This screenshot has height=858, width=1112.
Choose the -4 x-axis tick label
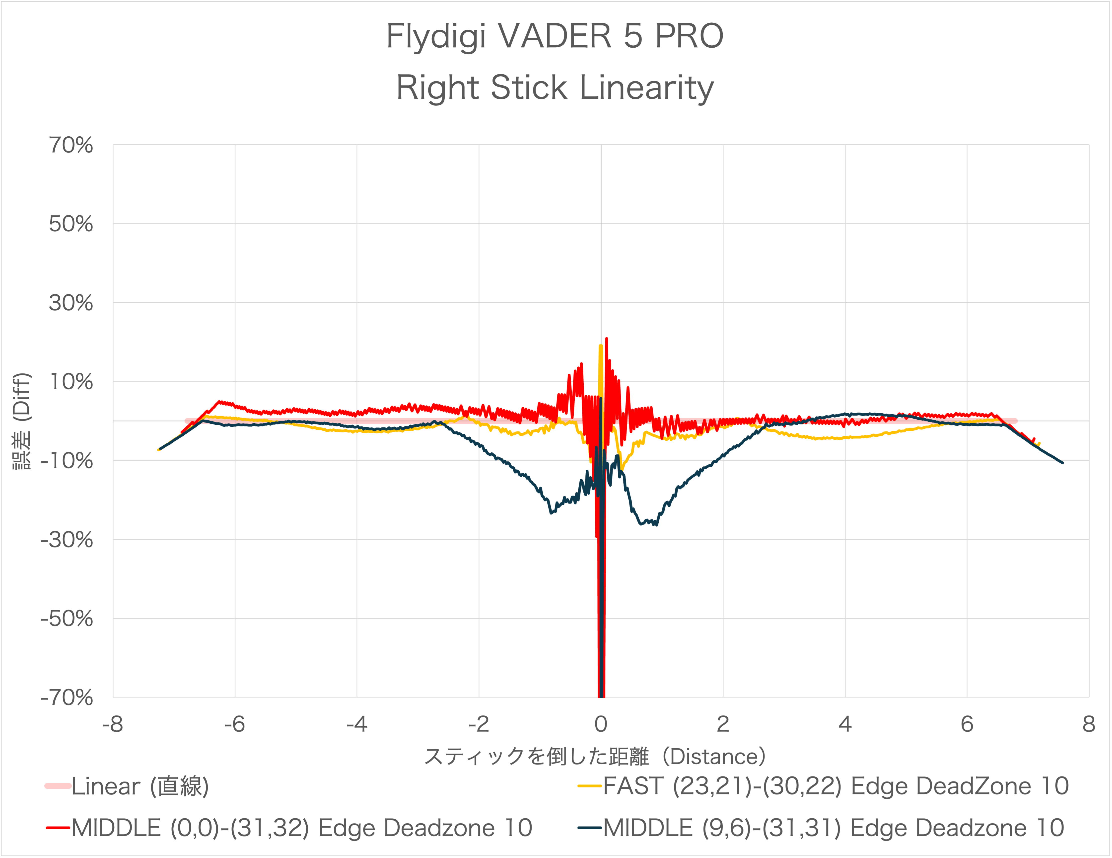coord(357,724)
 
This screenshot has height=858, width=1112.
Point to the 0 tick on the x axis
coord(601,724)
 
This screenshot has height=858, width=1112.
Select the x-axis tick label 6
coord(967,724)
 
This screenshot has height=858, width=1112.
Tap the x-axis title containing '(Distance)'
coord(595,757)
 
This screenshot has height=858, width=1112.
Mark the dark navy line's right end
coord(1062,463)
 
